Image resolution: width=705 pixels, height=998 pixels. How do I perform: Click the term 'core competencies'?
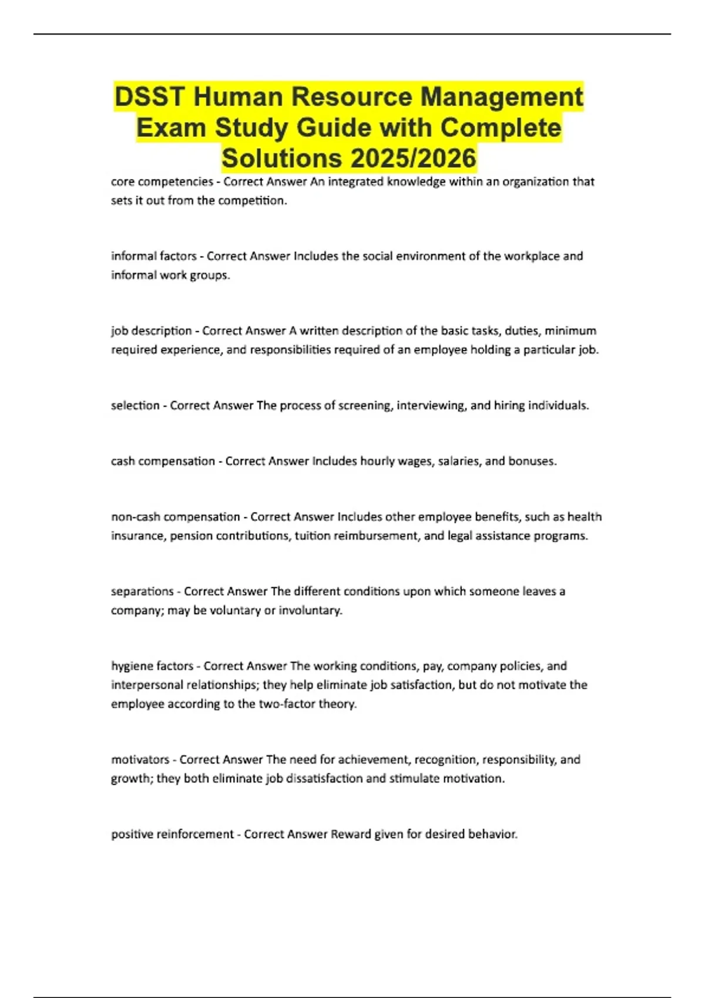(x=162, y=182)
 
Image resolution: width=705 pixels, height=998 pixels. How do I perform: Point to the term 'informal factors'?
(x=154, y=257)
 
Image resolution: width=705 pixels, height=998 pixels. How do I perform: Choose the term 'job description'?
(x=152, y=331)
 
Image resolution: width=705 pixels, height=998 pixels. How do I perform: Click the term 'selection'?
(x=135, y=406)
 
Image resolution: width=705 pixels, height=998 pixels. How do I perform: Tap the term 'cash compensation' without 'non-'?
(x=163, y=461)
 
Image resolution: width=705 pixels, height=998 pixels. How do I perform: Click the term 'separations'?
(x=142, y=592)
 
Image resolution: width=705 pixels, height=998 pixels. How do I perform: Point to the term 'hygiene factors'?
(x=152, y=666)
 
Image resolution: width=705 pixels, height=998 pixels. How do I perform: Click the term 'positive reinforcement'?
(x=172, y=834)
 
